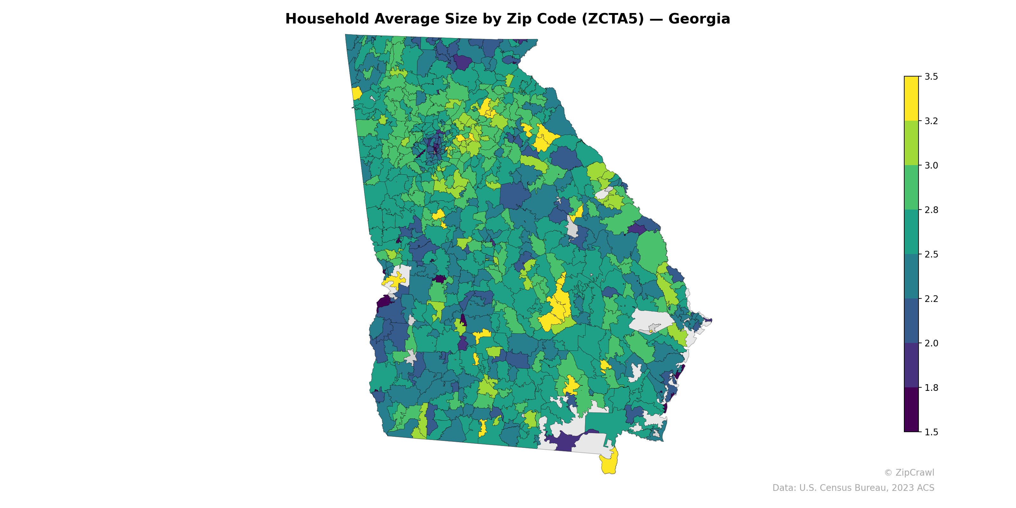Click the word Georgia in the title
pos(699,19)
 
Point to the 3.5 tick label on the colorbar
pos(931,77)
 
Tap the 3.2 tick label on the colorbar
pos(931,121)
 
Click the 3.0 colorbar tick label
pos(931,166)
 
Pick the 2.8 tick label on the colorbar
pos(931,210)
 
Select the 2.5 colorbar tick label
pos(931,254)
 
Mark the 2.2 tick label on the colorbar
pos(931,299)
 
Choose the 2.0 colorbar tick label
pos(931,343)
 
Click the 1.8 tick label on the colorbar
pos(931,388)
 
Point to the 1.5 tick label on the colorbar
pos(931,432)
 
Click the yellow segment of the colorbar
pos(911,99)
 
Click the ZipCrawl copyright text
pos(909,472)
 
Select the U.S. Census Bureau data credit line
pos(853,488)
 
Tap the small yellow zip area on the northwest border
pos(356,93)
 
